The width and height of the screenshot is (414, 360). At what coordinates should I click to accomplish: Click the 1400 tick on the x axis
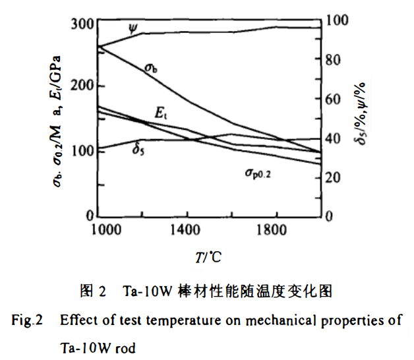pos(188,230)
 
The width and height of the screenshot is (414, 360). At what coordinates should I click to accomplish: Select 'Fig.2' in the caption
pos(27,321)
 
